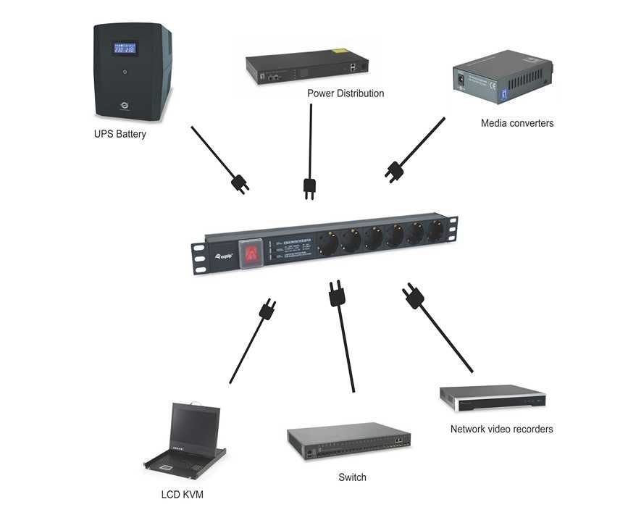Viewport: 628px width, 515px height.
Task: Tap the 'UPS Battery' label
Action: pos(120,134)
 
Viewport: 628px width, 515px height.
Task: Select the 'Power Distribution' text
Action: pos(346,93)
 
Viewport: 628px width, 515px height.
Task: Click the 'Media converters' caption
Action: pos(517,123)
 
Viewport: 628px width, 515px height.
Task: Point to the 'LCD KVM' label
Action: pos(182,495)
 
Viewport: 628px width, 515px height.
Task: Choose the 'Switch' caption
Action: pos(352,477)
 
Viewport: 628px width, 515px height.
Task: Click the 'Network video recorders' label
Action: pos(501,429)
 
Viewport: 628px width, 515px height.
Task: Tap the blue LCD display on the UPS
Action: pos(125,49)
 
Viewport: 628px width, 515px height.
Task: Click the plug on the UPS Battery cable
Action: pos(239,183)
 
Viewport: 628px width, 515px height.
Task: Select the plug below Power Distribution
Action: pos(309,187)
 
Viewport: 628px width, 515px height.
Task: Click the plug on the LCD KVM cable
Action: pos(267,309)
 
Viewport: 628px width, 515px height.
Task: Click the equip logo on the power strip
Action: pos(225,255)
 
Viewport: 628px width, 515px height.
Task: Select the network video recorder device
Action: pos(492,398)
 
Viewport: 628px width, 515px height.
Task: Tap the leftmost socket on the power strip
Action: pos(326,244)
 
